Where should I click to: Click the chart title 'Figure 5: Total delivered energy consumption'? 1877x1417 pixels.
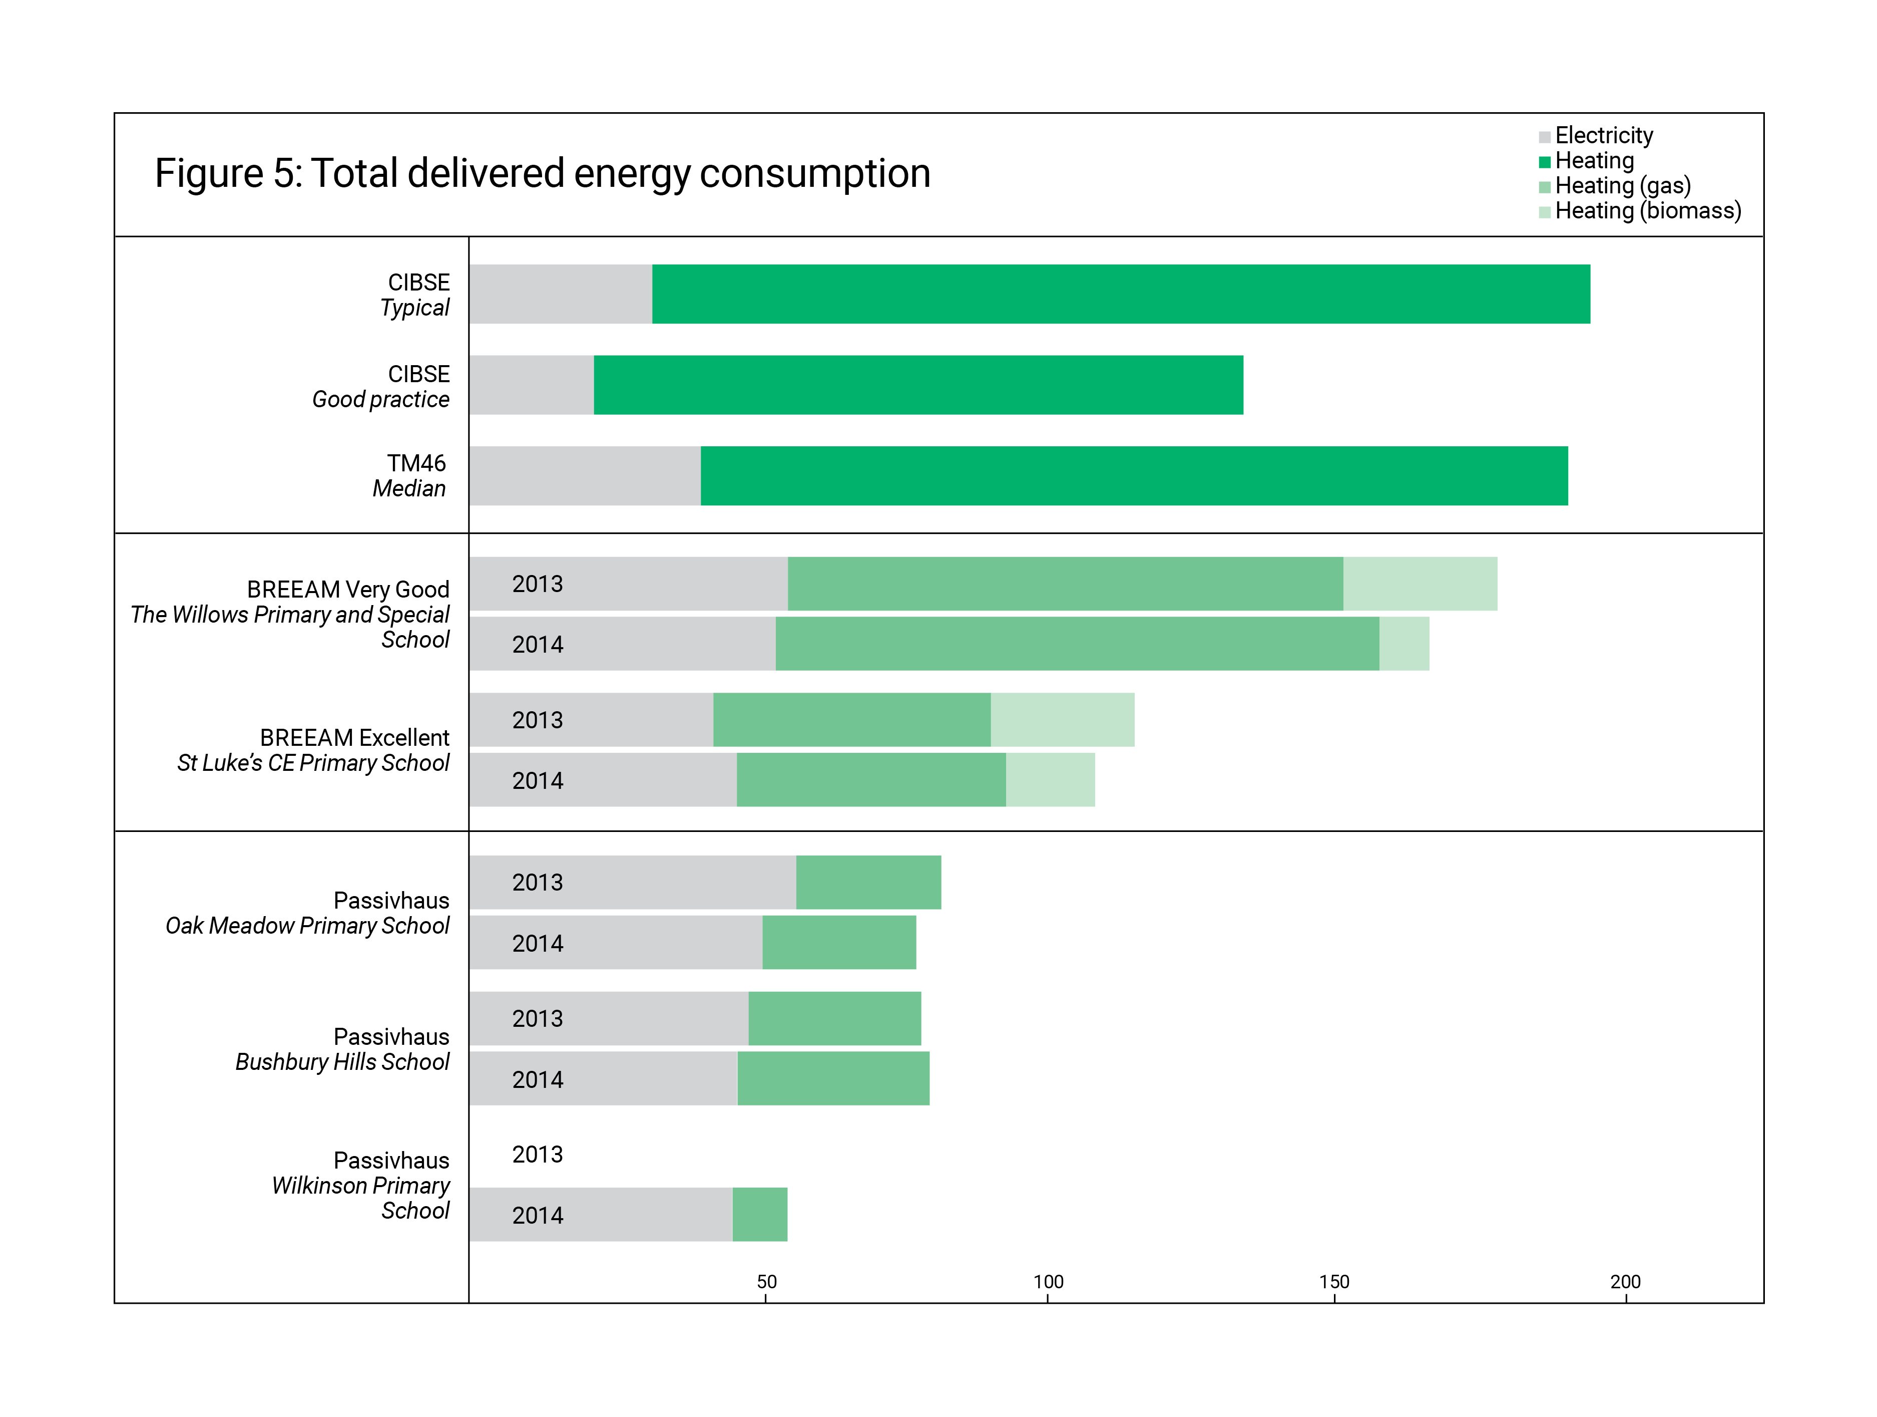(542, 173)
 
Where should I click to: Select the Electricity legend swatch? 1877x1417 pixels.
(1544, 137)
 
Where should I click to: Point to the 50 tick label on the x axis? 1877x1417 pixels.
(766, 1282)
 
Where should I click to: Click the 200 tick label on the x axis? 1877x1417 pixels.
(1625, 1282)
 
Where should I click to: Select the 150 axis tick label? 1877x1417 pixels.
(1334, 1282)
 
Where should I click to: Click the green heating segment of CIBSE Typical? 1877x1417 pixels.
(1120, 294)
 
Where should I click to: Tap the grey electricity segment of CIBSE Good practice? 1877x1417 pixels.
(531, 385)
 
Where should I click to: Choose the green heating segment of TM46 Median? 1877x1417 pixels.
(1134, 475)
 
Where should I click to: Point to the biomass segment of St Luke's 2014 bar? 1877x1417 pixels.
(1050, 779)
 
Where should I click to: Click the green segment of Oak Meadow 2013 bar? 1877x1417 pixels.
(868, 882)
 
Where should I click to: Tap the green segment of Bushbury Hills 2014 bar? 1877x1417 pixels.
(833, 1078)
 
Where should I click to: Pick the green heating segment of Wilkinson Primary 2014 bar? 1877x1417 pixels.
(759, 1214)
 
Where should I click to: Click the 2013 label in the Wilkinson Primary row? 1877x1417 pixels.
(537, 1155)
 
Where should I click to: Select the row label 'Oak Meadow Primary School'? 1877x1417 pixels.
(307, 926)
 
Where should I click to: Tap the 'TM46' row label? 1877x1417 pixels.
(416, 463)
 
